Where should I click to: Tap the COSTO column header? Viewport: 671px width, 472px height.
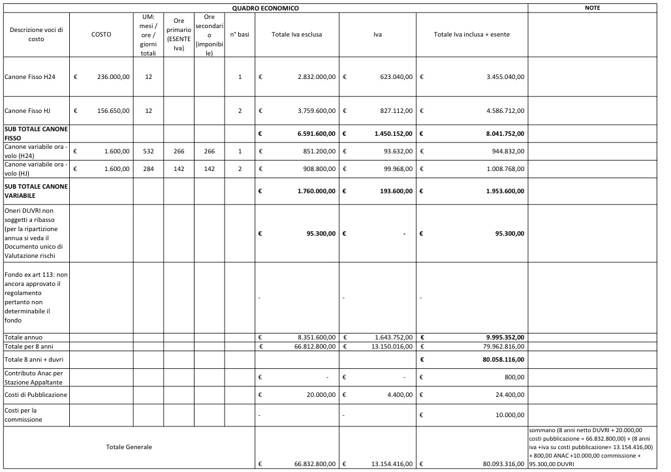[x=101, y=34]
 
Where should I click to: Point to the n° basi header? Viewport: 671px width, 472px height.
[x=240, y=34]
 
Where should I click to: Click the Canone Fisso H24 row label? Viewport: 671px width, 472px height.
[x=30, y=77]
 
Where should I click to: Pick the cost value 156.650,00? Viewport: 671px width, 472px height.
[x=114, y=110]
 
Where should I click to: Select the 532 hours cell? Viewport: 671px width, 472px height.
[x=148, y=151]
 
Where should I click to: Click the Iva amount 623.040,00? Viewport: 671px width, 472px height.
[x=392, y=77]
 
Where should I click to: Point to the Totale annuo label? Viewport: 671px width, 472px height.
[x=23, y=337]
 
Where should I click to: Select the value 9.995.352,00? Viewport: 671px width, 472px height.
[x=503, y=337]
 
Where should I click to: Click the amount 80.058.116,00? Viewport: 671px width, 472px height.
[x=502, y=360]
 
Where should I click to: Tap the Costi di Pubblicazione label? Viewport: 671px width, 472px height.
[x=35, y=395]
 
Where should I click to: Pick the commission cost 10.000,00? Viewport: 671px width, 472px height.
[x=509, y=415]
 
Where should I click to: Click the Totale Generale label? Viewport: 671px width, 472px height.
[x=129, y=447]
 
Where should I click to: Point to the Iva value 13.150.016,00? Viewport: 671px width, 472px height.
[x=390, y=345]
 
